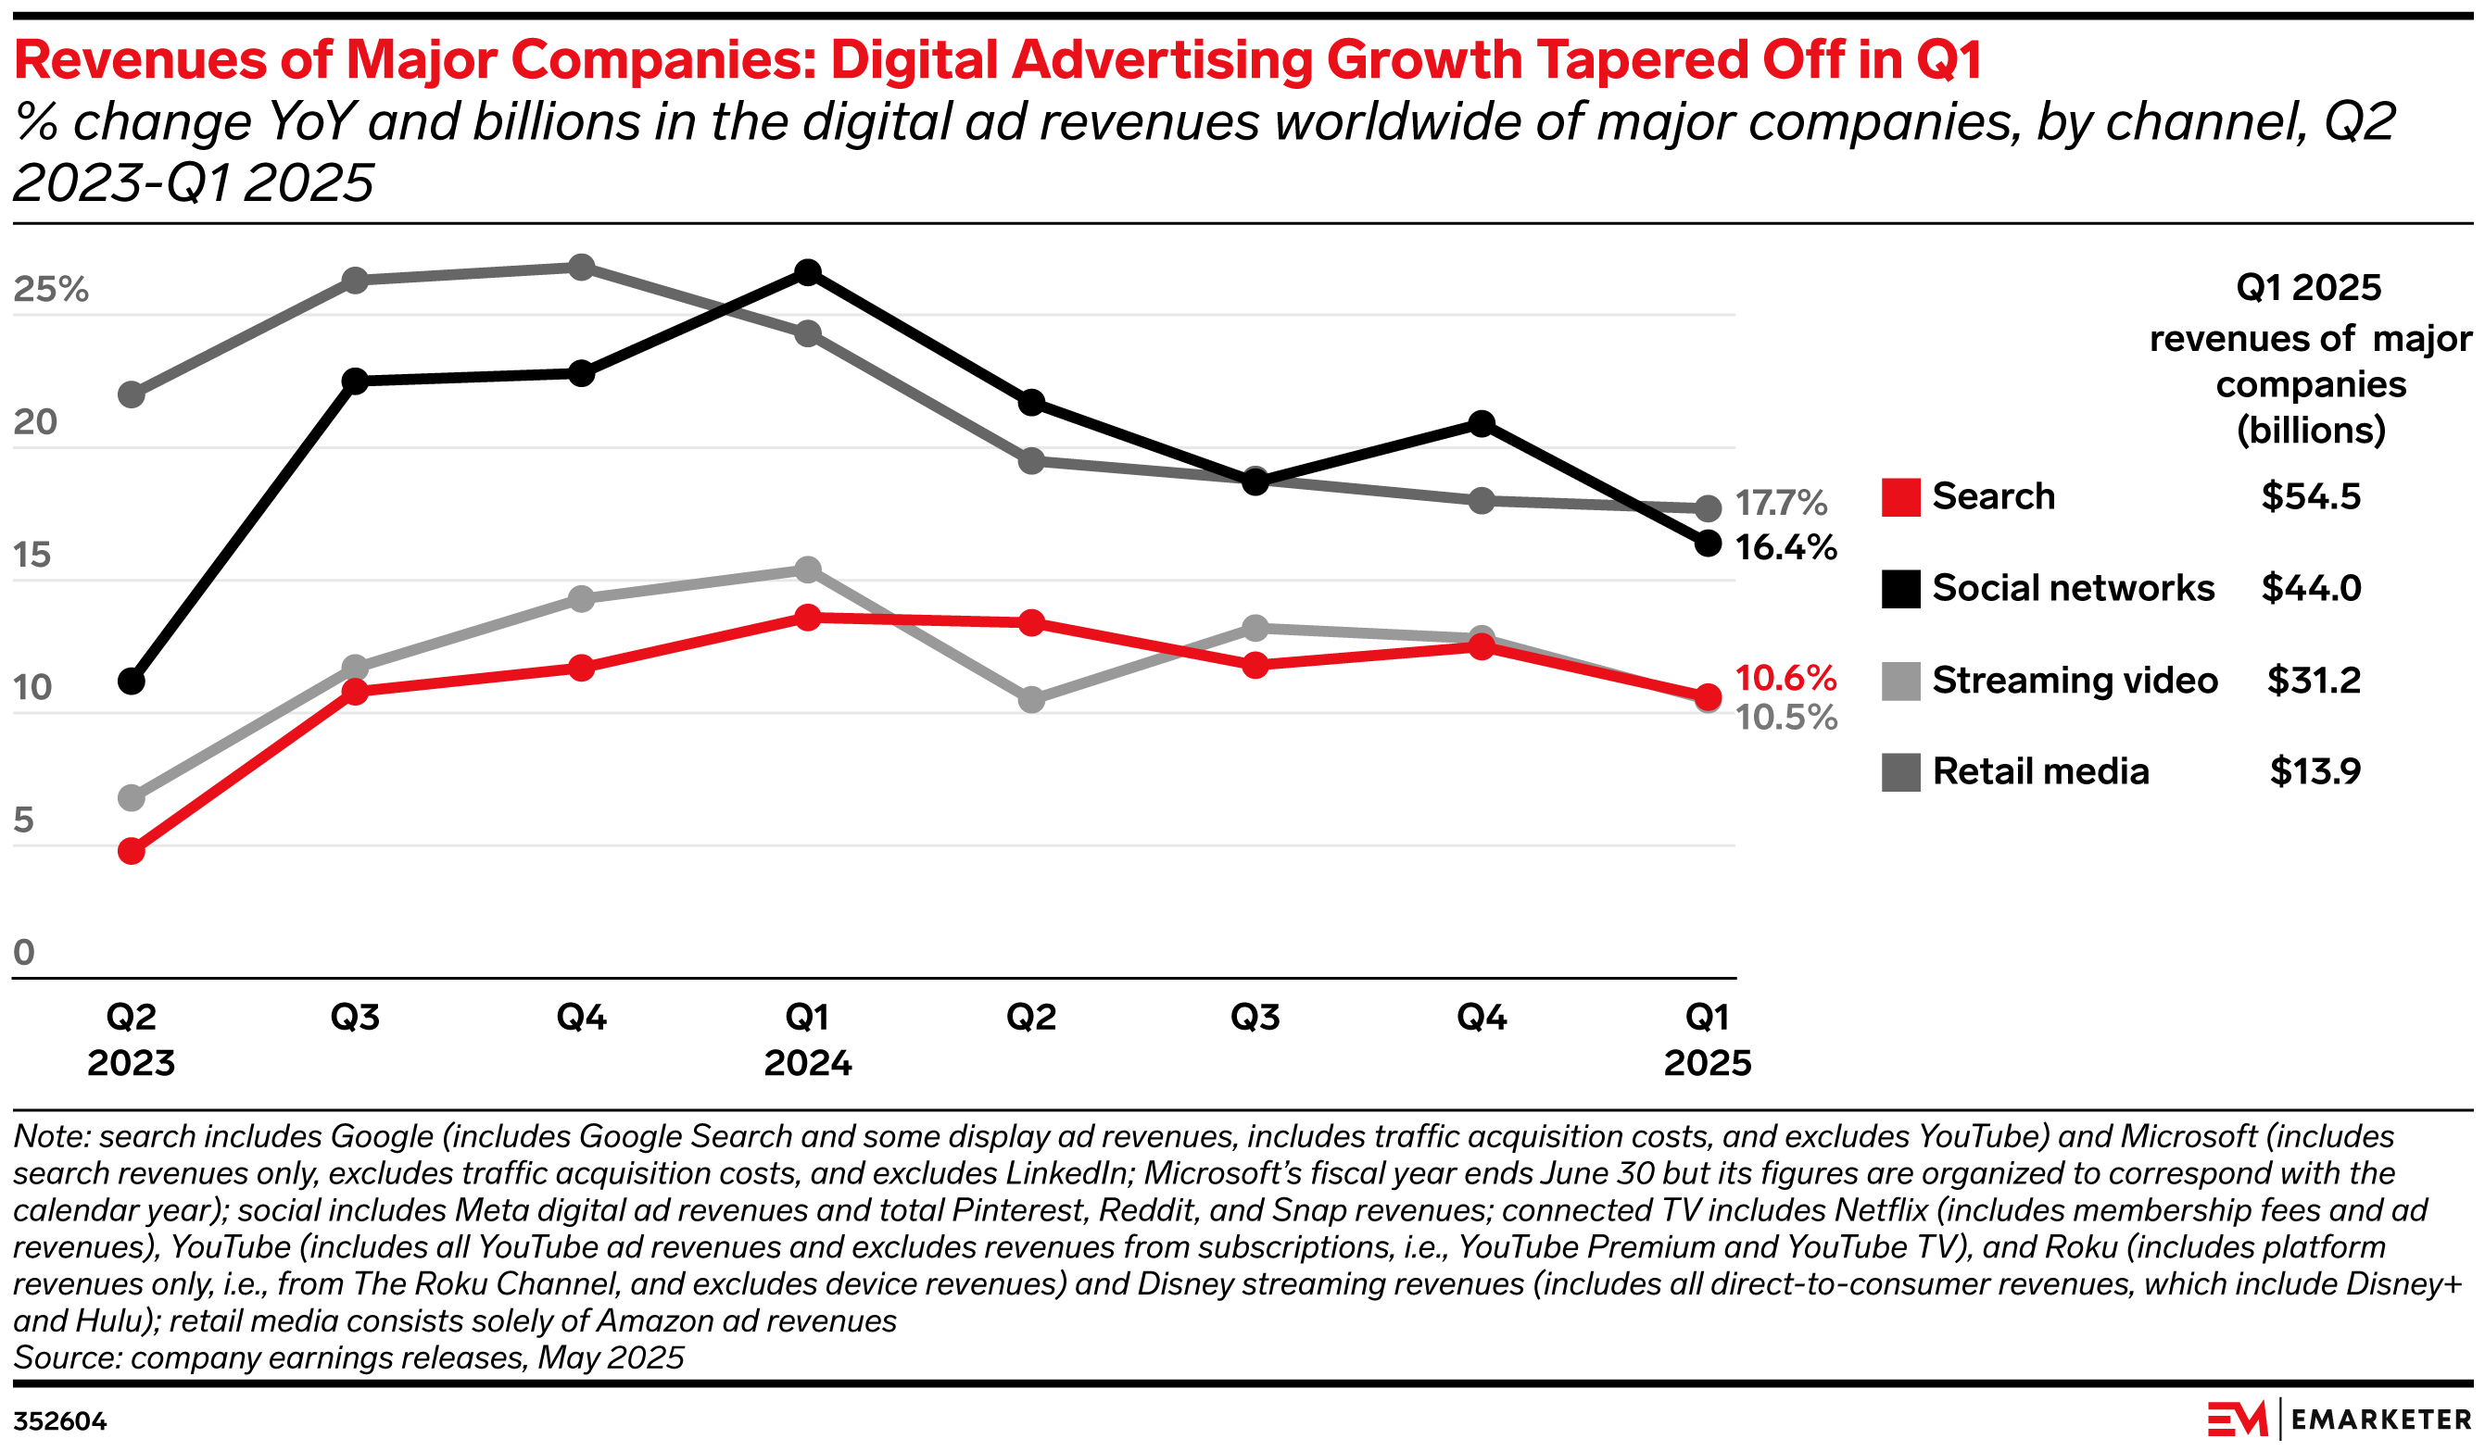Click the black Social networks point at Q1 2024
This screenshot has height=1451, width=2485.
808,273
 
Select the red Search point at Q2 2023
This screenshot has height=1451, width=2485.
132,851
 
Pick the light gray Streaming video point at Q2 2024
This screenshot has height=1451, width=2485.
1031,700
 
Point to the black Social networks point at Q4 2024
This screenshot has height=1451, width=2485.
1482,424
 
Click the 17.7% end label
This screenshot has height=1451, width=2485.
1780,504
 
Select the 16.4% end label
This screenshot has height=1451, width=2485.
1785,547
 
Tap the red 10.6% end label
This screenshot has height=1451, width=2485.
1785,678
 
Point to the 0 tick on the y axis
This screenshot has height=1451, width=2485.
24,952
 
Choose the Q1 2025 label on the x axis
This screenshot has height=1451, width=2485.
1707,1039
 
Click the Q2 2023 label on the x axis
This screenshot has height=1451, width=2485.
132,1039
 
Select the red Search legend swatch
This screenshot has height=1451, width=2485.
1900,497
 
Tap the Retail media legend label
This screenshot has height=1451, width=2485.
2040,772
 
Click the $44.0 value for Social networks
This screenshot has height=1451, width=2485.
2311,589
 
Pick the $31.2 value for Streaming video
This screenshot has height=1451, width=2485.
2313,681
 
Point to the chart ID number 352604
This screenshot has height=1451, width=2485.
60,1421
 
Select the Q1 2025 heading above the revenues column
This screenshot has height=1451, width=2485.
2307,288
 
